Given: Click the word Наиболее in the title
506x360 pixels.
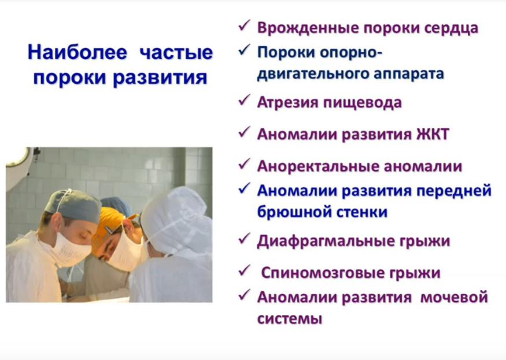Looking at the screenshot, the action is point(77,52).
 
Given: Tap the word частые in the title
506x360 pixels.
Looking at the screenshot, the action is point(176,52).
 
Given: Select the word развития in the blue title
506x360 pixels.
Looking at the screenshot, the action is point(160,77).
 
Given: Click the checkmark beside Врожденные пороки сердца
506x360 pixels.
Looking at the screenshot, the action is point(244,25).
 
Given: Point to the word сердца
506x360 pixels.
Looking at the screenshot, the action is point(451,28).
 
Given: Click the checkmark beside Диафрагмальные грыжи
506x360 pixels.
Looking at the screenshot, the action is point(244,239).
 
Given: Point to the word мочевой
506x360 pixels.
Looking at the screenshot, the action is point(454,297).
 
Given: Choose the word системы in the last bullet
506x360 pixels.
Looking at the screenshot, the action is point(290,320).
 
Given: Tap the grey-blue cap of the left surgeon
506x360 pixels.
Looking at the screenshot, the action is point(73,205).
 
